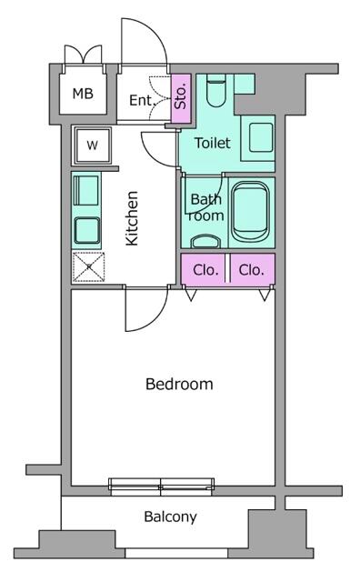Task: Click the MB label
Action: pyautogui.click(x=83, y=94)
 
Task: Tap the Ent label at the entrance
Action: pyautogui.click(x=140, y=100)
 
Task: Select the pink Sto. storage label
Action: pyautogui.click(x=180, y=95)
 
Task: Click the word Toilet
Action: pyautogui.click(x=211, y=143)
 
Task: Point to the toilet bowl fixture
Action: pyautogui.click(x=215, y=92)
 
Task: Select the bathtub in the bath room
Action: pyautogui.click(x=250, y=212)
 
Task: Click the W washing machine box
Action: pyautogui.click(x=92, y=144)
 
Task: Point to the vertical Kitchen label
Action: pyautogui.click(x=132, y=217)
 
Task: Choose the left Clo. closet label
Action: pyautogui.click(x=205, y=269)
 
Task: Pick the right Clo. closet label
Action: pyautogui.click(x=252, y=269)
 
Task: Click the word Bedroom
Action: pyautogui.click(x=179, y=384)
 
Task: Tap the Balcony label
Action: pyautogui.click(x=170, y=517)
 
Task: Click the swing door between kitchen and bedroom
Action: pyautogui.click(x=141, y=312)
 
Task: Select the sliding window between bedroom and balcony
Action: pyautogui.click(x=161, y=485)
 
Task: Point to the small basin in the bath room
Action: pyautogui.click(x=206, y=241)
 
